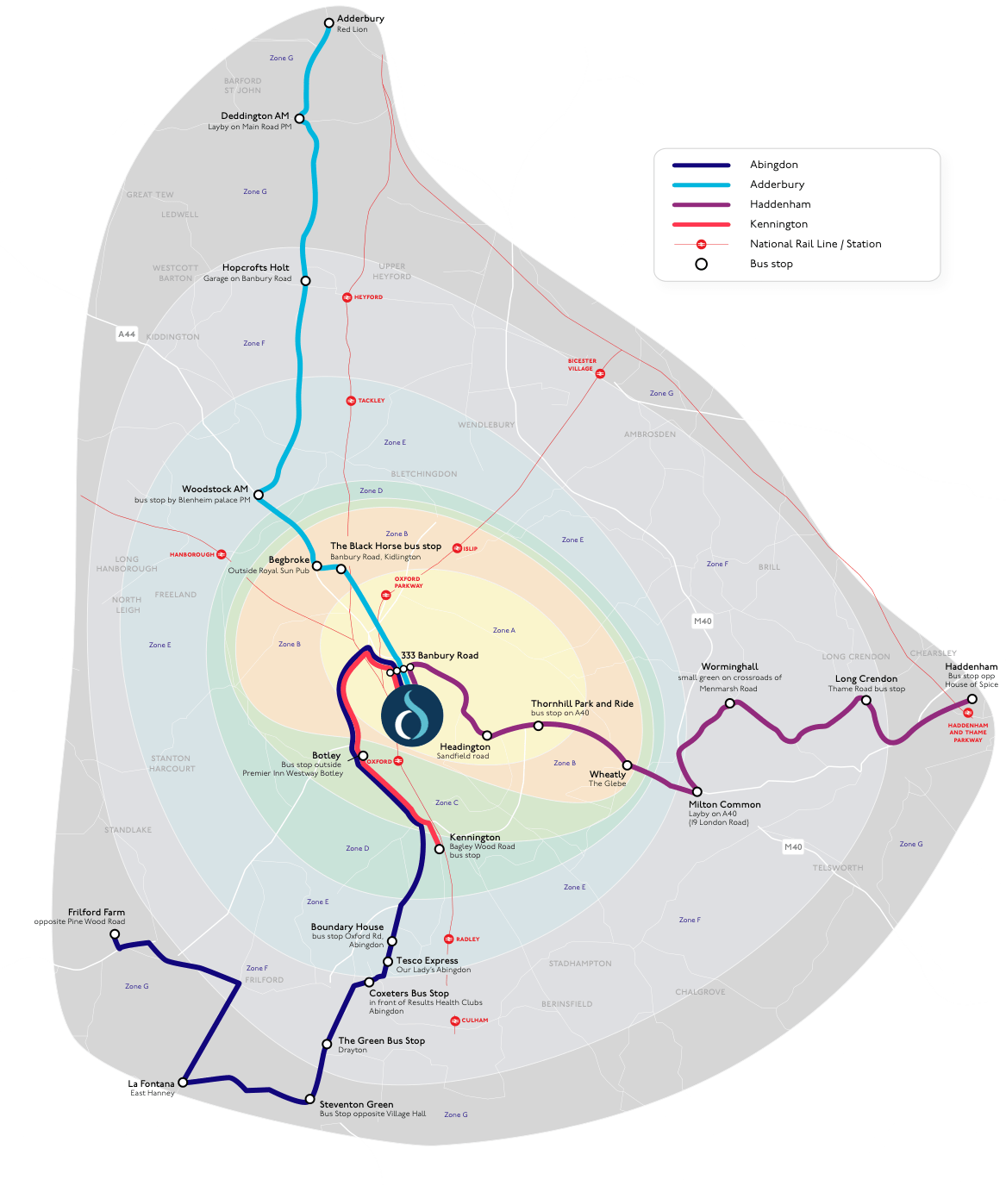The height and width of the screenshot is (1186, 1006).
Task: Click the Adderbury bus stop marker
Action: (x=328, y=23)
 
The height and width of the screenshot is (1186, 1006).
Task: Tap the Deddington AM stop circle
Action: (x=299, y=119)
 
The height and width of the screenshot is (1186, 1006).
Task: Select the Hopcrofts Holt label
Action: (x=255, y=267)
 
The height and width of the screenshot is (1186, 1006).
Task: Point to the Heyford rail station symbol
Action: (x=347, y=297)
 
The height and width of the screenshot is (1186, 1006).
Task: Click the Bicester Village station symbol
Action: (x=600, y=374)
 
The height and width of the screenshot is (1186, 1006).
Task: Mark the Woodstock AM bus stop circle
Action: (x=259, y=495)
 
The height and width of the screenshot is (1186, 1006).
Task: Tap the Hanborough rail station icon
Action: (x=222, y=554)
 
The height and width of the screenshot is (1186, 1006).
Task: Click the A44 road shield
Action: (x=127, y=334)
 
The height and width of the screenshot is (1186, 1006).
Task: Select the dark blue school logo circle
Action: (x=412, y=715)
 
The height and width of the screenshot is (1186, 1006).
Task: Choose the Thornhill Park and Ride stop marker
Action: (x=539, y=726)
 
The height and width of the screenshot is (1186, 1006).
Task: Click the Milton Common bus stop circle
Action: (x=697, y=791)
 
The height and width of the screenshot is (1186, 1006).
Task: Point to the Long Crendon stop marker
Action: (x=866, y=700)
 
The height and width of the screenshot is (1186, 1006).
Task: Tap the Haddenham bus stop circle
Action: (x=972, y=699)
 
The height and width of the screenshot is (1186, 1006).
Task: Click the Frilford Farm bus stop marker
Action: (x=115, y=933)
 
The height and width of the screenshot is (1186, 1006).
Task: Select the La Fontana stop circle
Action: (x=183, y=1082)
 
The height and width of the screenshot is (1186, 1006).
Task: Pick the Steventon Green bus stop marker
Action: (x=309, y=1099)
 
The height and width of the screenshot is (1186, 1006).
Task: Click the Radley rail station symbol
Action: (x=448, y=939)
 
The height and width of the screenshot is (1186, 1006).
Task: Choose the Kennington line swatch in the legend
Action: (x=702, y=224)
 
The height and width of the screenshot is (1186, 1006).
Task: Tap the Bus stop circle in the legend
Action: (x=702, y=264)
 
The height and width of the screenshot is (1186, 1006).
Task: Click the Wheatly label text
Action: (x=607, y=774)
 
